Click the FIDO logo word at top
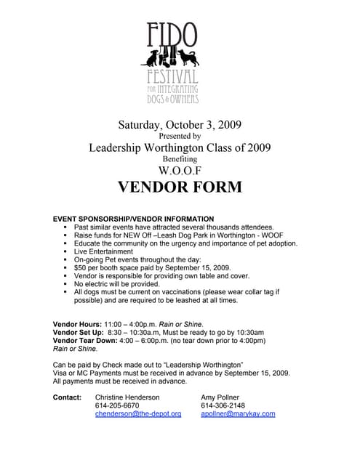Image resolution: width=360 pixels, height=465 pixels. [172, 33]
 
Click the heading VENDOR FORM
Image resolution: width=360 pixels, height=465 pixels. [180, 187]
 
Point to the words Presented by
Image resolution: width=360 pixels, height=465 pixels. [180, 135]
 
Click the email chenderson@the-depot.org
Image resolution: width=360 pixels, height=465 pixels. [138, 413]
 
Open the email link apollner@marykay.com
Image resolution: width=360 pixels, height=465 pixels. [238, 413]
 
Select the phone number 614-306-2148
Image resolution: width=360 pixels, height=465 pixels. [223, 405]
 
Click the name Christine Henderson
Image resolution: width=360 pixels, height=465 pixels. [127, 397]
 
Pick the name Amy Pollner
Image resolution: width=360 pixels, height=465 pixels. [220, 397]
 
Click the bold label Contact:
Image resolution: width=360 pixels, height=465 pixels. [68, 397]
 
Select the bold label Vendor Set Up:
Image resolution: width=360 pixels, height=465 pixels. [79, 332]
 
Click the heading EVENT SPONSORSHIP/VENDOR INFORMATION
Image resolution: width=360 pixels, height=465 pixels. [134, 219]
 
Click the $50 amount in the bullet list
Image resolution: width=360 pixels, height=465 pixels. [81, 267]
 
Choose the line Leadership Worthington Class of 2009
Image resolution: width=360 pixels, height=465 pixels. [180, 147]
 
